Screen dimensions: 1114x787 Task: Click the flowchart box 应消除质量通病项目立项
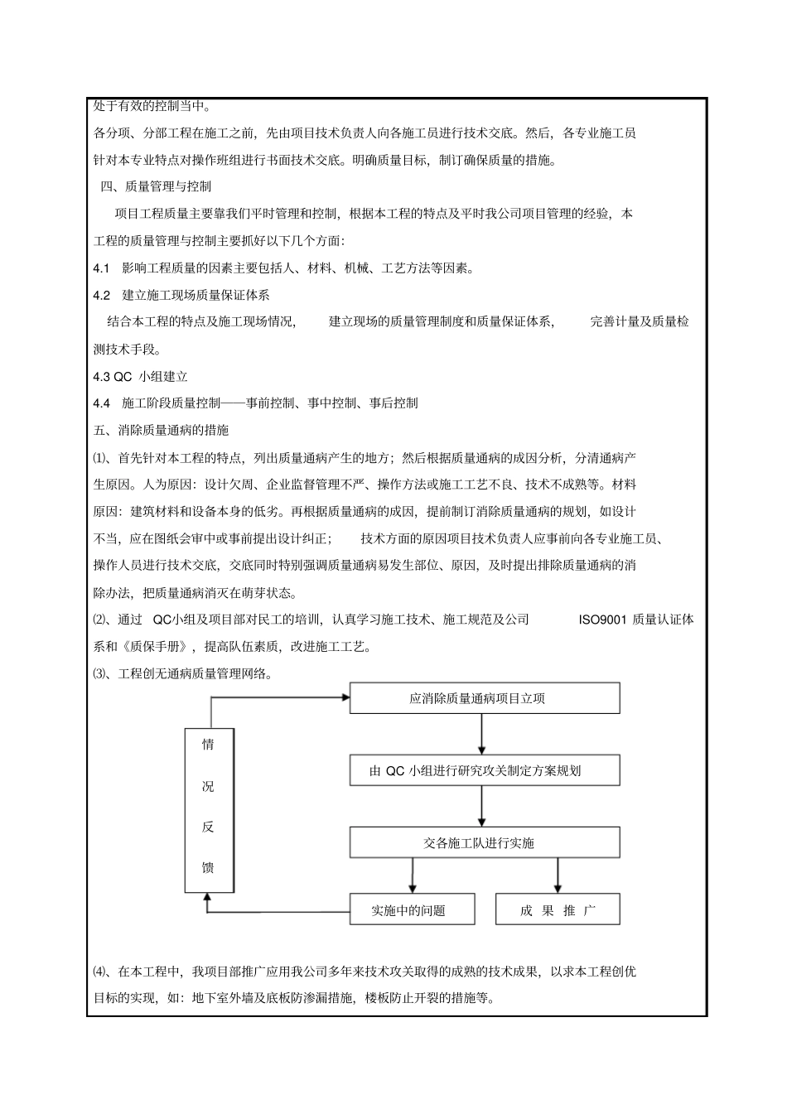click(484, 698)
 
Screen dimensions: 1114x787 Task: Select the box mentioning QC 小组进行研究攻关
click(484, 770)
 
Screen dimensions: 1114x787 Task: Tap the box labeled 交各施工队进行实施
click(484, 843)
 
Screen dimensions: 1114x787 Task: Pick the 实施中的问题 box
click(412, 909)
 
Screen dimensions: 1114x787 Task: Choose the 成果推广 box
click(557, 909)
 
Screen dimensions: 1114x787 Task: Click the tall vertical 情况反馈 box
click(209, 809)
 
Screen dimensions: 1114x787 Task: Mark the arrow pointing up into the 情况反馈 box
click(209, 898)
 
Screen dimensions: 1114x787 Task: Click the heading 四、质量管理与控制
click(156, 186)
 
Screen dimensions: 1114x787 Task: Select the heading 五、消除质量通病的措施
click(161, 430)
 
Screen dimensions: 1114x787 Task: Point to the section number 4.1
click(102, 268)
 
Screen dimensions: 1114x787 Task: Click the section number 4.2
click(102, 295)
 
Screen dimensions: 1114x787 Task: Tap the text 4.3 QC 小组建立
click(141, 376)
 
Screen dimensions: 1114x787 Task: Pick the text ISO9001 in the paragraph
click(602, 620)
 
